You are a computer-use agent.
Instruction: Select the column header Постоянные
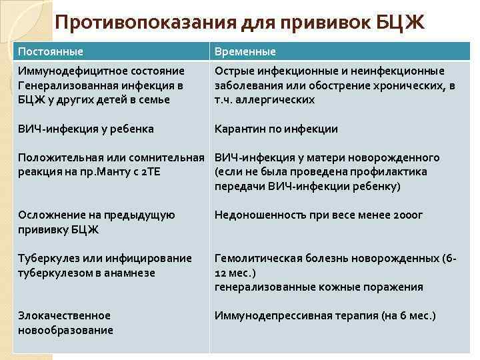coord(51,51)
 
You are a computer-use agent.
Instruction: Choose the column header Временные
coord(245,51)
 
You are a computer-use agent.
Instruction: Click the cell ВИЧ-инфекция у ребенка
coord(86,129)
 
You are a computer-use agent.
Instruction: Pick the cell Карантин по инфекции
coord(276,129)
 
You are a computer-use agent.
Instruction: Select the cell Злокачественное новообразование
coord(65,323)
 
